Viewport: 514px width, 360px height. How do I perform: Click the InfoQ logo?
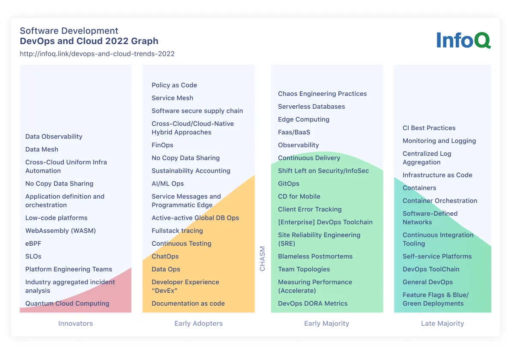tap(463, 40)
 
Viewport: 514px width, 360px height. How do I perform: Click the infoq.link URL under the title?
tap(97, 54)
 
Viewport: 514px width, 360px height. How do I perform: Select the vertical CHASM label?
tap(263, 259)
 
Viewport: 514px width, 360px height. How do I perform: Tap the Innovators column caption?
tap(75, 324)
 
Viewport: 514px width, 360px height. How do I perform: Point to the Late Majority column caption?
tap(442, 324)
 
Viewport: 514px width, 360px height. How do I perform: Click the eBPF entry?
tap(33, 244)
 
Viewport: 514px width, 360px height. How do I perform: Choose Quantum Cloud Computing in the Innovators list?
tap(67, 303)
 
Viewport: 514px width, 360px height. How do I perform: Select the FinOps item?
tap(162, 145)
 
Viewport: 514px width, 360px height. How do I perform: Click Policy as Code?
tap(174, 85)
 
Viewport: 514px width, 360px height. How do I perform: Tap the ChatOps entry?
tap(165, 256)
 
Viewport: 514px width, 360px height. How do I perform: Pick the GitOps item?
tap(289, 184)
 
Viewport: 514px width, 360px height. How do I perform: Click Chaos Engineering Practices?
tap(322, 94)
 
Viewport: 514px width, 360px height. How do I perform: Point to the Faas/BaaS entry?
tap(294, 132)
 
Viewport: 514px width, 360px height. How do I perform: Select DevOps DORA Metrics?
tap(313, 303)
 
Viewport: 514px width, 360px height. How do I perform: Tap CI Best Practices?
tap(429, 128)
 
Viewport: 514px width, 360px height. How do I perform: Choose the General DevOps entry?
tap(427, 282)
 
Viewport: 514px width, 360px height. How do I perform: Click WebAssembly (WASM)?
tap(60, 231)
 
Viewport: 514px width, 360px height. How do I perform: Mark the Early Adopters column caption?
tap(198, 324)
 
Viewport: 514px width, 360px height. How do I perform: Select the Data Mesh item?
tap(42, 149)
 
